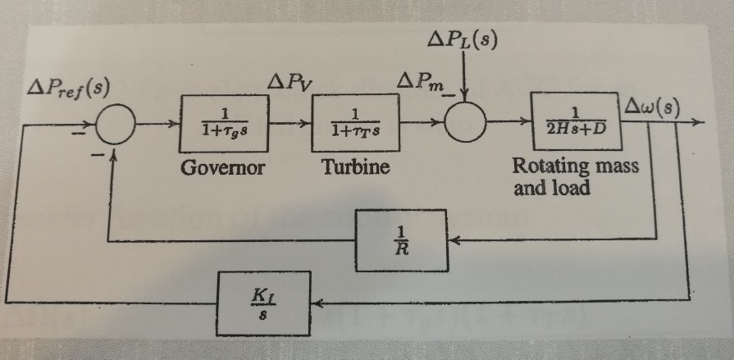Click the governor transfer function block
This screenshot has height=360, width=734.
[225, 123]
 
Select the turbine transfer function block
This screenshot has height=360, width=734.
[353, 123]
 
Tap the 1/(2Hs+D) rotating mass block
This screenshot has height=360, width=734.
[574, 121]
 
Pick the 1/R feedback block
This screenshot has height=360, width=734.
[401, 240]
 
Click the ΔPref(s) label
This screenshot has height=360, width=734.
[69, 89]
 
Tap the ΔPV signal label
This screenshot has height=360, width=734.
[288, 83]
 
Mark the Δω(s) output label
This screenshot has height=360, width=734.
[651, 106]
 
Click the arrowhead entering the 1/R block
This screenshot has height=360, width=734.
[456, 241]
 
